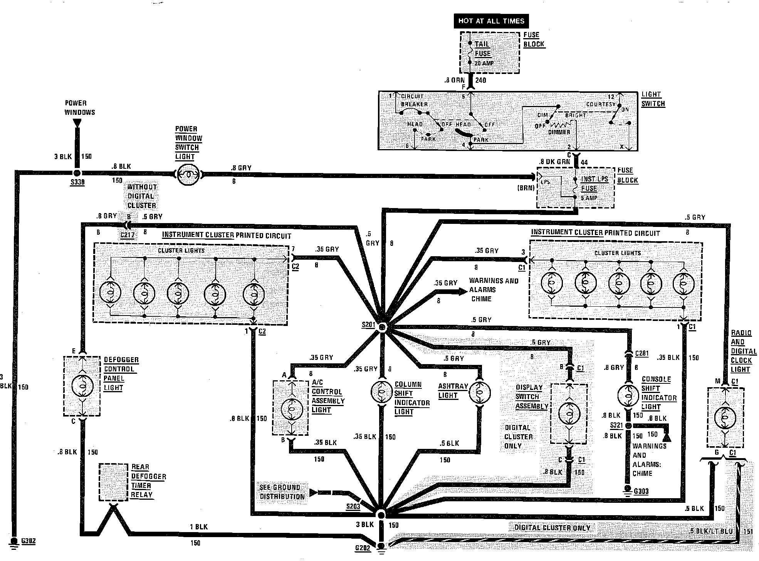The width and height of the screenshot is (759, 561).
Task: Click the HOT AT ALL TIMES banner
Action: click(491, 21)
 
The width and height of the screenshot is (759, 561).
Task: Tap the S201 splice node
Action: click(382, 327)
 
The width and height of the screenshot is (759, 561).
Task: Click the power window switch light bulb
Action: click(189, 175)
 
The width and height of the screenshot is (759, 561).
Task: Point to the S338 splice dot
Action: click(77, 173)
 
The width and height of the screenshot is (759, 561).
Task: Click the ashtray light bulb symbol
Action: click(479, 393)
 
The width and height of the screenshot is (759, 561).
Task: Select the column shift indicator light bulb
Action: click(382, 392)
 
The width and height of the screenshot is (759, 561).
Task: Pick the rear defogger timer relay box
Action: click(113, 482)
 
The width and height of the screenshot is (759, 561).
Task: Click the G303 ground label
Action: click(641, 491)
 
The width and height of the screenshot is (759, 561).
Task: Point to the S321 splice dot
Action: click(628, 425)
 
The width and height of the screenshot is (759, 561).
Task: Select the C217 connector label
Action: click(128, 234)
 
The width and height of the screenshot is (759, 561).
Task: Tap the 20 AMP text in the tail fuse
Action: click(484, 63)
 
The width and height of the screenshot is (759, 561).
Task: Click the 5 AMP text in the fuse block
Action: click(589, 198)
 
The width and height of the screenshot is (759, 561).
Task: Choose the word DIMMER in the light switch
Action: click(559, 132)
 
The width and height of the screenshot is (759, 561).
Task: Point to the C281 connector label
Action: click(642, 353)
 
